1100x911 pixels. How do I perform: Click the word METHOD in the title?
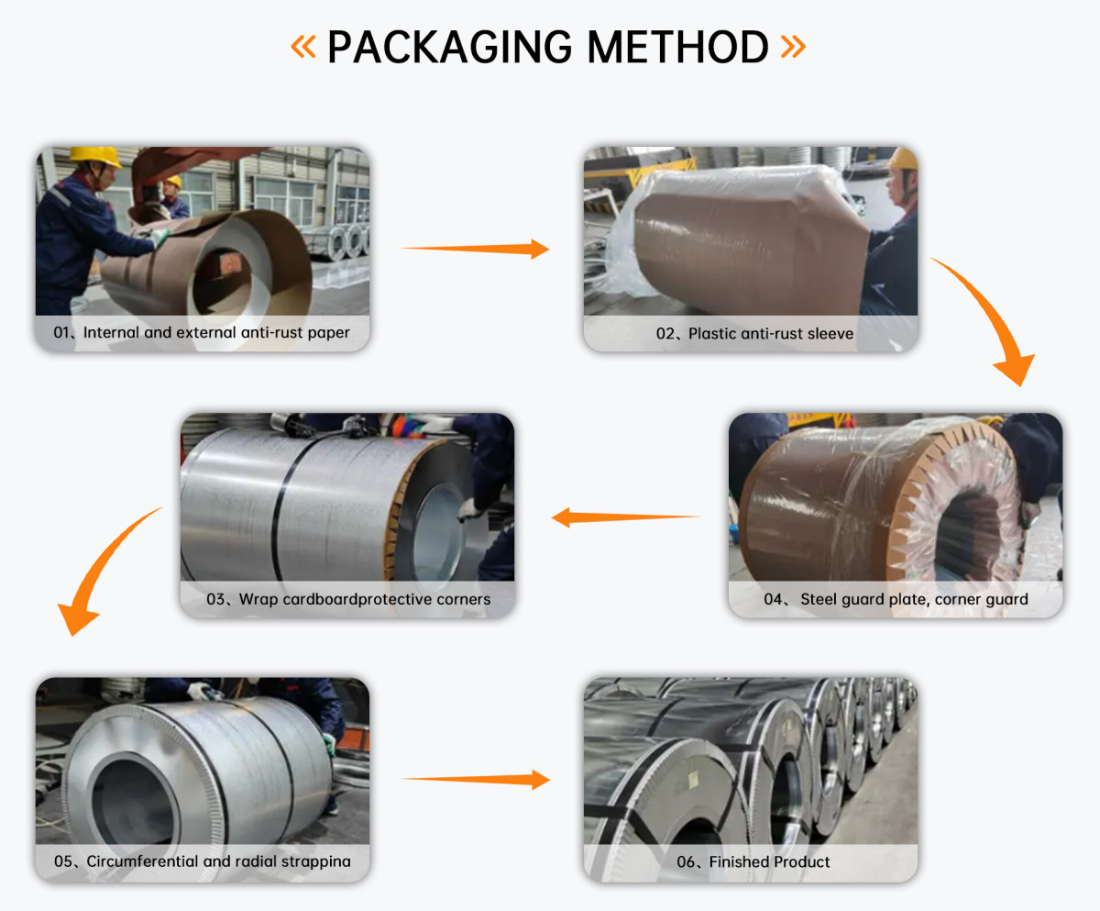point(679,47)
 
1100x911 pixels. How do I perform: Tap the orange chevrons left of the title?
point(303,47)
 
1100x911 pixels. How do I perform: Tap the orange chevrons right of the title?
point(793,47)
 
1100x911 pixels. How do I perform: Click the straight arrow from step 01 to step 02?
point(474,248)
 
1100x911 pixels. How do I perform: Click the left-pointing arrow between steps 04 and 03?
point(625,517)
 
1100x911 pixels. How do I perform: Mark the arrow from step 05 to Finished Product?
point(475,780)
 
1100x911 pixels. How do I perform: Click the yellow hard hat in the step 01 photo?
point(94,157)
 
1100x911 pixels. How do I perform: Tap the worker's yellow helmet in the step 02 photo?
point(904,159)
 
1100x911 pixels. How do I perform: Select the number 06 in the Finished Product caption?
point(687,862)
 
